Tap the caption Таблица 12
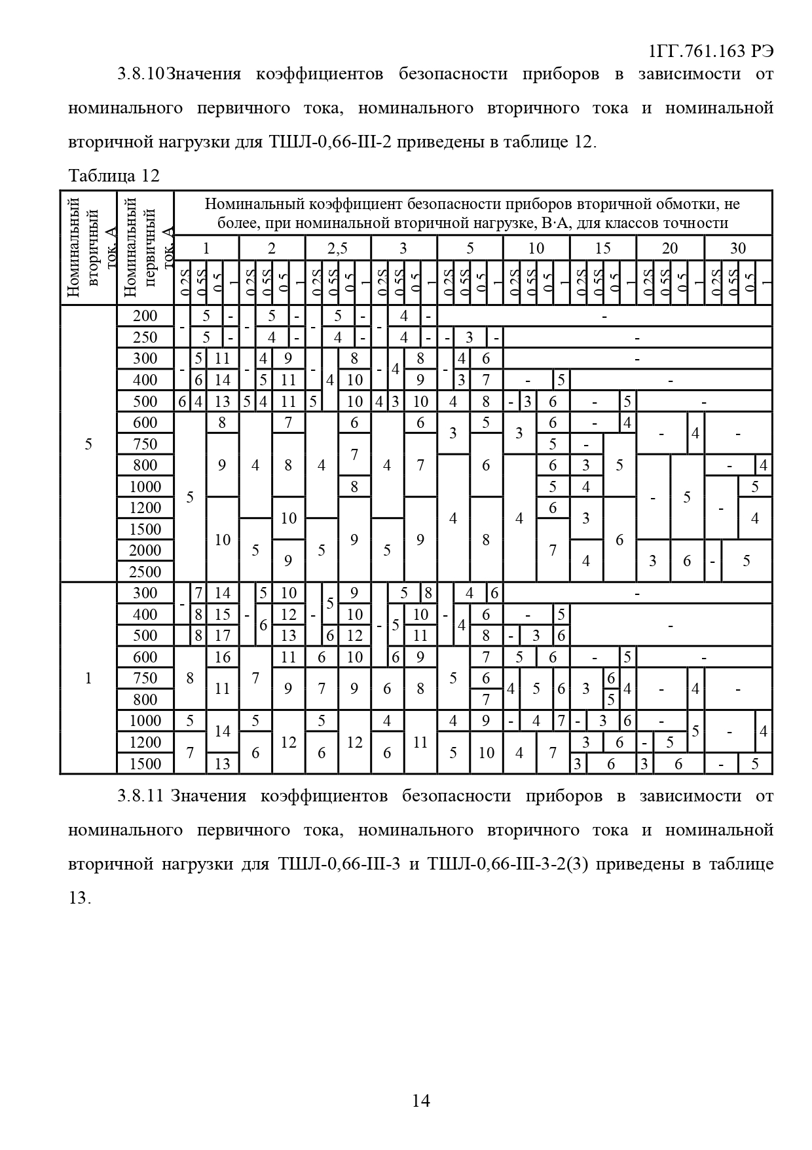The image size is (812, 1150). click(x=113, y=176)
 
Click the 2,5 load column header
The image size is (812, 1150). click(x=337, y=248)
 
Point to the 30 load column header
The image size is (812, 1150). click(x=737, y=248)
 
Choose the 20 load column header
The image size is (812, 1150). click(x=669, y=248)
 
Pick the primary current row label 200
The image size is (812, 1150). click(x=145, y=316)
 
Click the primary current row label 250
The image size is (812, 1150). click(x=145, y=337)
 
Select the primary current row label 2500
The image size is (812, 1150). click(x=145, y=571)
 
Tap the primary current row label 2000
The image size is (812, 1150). click(x=145, y=550)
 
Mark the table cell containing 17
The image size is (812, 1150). click(x=223, y=636)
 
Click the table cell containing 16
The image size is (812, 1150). click(x=223, y=657)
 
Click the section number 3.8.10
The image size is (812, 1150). click(x=141, y=74)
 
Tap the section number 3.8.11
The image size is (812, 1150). click(x=140, y=796)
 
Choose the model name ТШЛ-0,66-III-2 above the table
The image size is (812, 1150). click(x=330, y=142)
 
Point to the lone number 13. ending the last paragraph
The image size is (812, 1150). click(x=79, y=898)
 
